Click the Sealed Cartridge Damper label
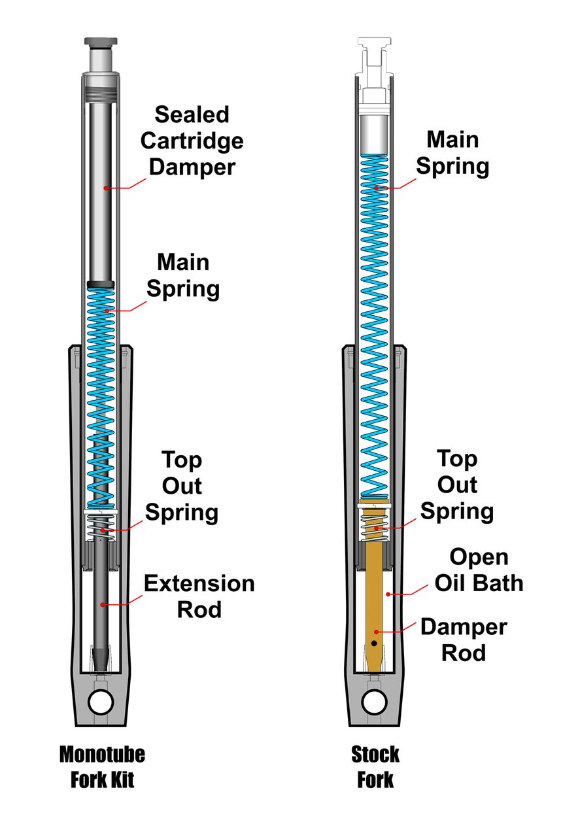[x=192, y=141]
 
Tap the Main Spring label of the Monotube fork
[x=183, y=275]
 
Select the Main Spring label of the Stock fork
[x=452, y=152]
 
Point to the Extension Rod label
[x=199, y=596]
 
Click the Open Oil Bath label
[x=479, y=570]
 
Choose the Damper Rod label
[x=464, y=640]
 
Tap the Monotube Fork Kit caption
[x=102, y=767]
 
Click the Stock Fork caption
[x=375, y=767]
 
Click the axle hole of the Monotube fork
[x=101, y=702]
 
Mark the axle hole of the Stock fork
[x=374, y=702]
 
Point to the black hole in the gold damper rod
[x=373, y=643]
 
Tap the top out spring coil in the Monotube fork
[x=101, y=527]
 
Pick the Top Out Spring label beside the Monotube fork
[x=182, y=486]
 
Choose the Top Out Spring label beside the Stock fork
[x=456, y=485]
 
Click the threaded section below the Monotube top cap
[x=101, y=88]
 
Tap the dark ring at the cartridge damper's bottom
[x=101, y=284]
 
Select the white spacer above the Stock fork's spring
[x=374, y=135]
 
